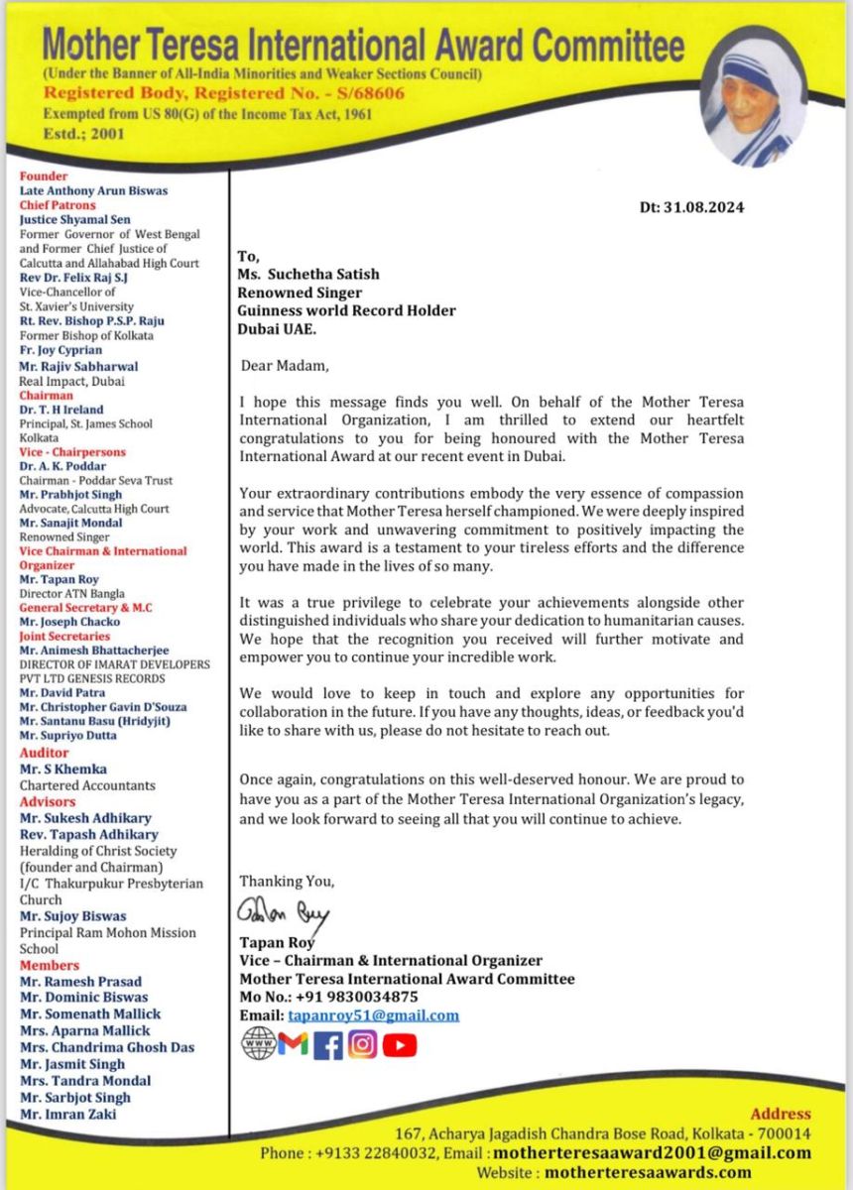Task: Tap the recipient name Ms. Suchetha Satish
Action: (x=307, y=275)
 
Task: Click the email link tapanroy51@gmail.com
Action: (x=373, y=1014)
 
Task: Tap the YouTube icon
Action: (x=400, y=1044)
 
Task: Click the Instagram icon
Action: (x=363, y=1044)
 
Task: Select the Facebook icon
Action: (x=327, y=1045)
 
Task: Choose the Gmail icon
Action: (x=294, y=1044)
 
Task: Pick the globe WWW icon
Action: (x=258, y=1044)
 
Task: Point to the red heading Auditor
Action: (x=45, y=753)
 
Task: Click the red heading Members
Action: (x=50, y=965)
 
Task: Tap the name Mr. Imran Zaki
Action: (x=67, y=1114)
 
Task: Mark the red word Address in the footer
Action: (x=780, y=1114)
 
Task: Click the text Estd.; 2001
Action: (x=84, y=134)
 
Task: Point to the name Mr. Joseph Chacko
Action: (x=69, y=622)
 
